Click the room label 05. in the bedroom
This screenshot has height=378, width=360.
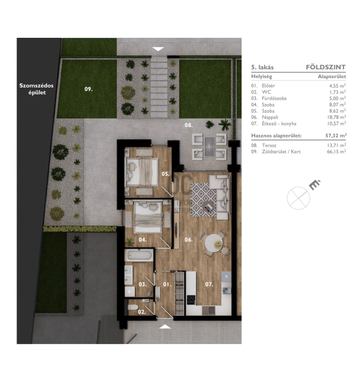pos(166,174)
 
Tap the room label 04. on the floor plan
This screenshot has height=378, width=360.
pos(142,239)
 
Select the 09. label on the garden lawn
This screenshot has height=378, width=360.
pos(88,89)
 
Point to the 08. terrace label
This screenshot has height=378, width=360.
pos(189,125)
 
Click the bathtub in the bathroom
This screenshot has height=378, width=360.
pos(139,255)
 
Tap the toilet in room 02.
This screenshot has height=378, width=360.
pos(132,307)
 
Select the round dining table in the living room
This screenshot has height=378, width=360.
pos(214,243)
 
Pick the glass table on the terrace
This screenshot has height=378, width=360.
pos(209,147)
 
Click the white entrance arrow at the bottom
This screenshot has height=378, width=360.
pos(166,326)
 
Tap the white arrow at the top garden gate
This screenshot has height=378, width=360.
pos(158,49)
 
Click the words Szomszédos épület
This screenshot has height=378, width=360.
pos(37,89)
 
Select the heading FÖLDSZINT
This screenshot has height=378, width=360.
pos(326,67)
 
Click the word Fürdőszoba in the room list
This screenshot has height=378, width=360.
pos(274,98)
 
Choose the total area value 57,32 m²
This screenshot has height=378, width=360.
pos(335,135)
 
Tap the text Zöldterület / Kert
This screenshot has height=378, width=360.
pos(281,152)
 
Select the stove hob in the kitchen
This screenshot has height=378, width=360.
pos(191,300)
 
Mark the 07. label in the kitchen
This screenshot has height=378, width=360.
pos(209,285)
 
